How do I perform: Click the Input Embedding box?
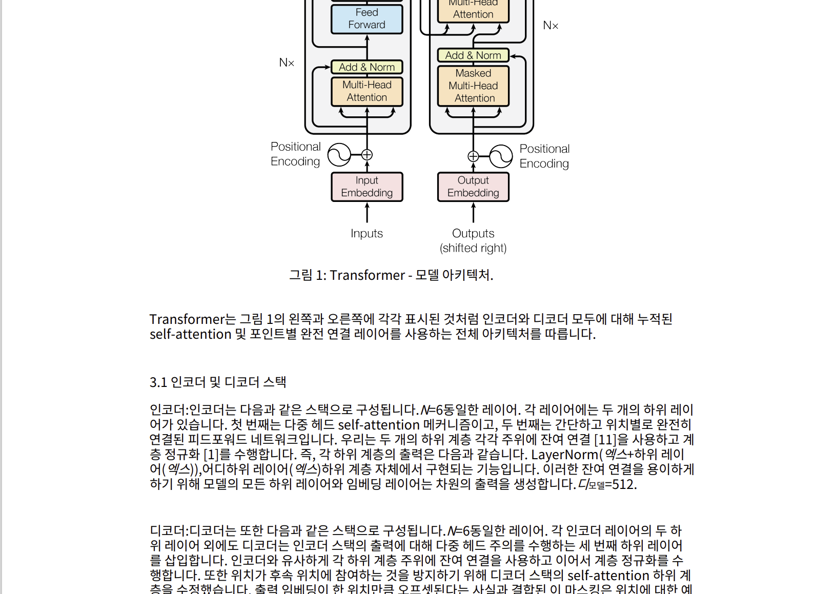pos(367,187)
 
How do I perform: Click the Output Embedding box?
pos(473,187)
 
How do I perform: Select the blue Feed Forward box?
pos(367,19)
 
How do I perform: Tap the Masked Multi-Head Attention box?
pos(473,86)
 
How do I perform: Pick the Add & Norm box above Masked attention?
pos(473,55)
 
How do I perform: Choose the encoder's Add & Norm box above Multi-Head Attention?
pos(367,67)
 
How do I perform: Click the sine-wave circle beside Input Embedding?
pos(339,154)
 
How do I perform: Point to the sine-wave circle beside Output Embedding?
pos(501,156)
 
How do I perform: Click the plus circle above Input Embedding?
pos(367,154)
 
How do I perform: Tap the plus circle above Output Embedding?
pos(473,156)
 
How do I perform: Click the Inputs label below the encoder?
pos(367,234)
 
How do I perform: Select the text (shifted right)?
pos(473,248)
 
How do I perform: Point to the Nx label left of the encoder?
pos(287,63)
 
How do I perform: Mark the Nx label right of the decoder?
pos(551,26)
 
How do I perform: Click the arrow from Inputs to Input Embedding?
pos(367,212)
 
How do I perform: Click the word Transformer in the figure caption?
pos(367,275)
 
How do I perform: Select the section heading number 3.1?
pos(158,382)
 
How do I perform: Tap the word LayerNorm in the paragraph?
pos(564,455)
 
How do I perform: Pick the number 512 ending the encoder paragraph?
pos(623,484)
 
